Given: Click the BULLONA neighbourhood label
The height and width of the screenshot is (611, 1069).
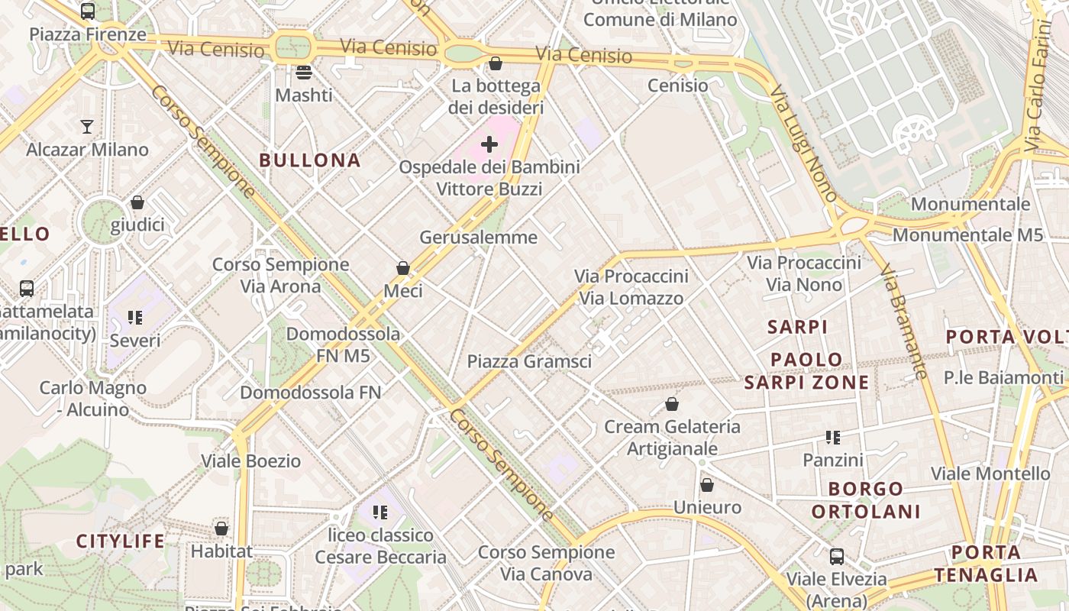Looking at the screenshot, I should (309, 160).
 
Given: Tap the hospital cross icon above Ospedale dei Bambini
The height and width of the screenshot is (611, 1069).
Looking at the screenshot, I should (489, 144).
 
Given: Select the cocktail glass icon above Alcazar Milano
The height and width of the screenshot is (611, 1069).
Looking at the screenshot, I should (87, 126).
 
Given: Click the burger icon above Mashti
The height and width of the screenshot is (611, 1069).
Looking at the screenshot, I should (304, 73).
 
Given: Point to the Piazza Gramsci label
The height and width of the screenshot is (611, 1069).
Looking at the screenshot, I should (529, 361).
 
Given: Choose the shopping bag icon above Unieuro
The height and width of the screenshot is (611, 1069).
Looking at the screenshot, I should (707, 485).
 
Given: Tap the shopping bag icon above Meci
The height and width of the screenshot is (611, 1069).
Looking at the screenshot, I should (403, 268).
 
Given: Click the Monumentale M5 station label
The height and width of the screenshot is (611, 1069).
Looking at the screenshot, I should (967, 234).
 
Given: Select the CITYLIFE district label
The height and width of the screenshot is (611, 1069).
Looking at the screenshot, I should (121, 541).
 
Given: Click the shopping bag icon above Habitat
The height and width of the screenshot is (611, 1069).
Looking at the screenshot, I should (221, 528).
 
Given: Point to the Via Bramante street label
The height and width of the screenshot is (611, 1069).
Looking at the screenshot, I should (904, 322).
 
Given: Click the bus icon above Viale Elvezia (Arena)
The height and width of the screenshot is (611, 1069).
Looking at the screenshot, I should (837, 556).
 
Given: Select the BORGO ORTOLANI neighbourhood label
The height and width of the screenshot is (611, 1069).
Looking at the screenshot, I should (866, 500).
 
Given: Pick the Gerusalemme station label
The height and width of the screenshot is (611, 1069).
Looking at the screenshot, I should (479, 238).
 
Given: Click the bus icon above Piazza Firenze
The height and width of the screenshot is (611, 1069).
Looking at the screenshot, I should (88, 11).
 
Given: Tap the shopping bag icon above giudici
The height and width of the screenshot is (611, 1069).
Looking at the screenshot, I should (137, 202).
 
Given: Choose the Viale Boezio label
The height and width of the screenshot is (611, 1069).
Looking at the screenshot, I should (251, 461).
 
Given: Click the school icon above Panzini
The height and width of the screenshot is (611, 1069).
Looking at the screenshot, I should (833, 438).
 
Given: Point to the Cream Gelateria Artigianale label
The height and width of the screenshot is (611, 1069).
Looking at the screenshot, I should (672, 437).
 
